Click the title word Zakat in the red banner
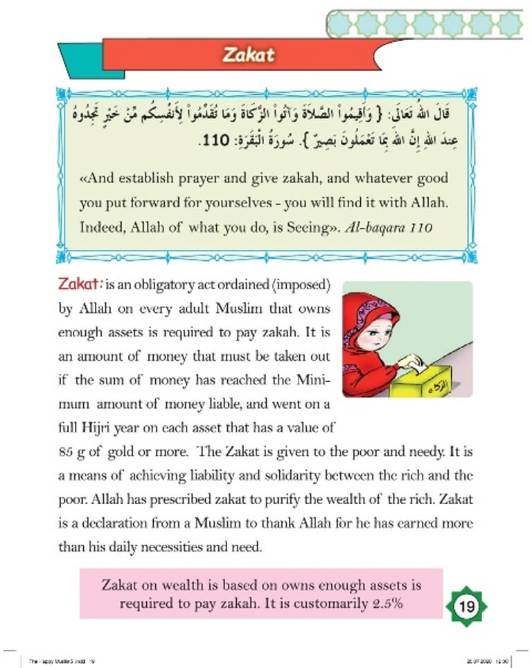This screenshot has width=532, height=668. pyautogui.click(x=249, y=55)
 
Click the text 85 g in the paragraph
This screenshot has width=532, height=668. pyautogui.click(x=73, y=453)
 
